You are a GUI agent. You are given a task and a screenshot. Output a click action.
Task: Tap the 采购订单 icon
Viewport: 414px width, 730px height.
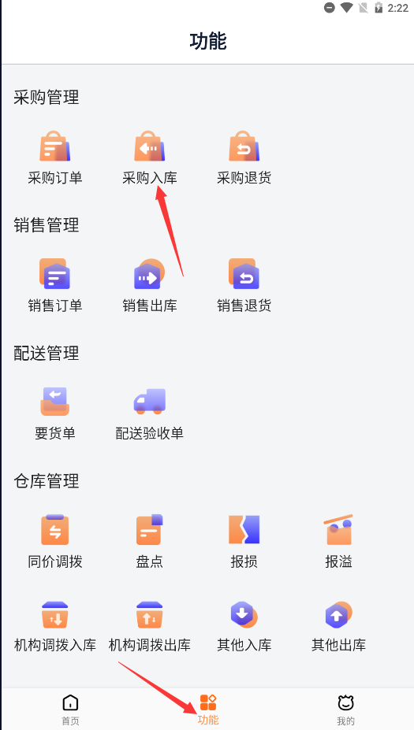coord(55,146)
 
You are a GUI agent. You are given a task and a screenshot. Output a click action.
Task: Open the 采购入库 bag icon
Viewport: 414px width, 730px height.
coord(150,146)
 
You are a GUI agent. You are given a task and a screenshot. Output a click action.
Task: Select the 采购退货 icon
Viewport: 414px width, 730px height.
coord(244,146)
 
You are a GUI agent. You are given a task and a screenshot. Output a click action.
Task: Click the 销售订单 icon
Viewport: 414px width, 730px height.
coord(55,274)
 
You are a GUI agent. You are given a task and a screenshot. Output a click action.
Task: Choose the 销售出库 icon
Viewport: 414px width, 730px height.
coord(150,274)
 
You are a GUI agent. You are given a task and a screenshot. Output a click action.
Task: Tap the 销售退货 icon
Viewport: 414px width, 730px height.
coord(244,274)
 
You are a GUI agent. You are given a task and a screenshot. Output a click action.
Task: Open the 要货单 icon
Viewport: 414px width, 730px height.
coord(55,402)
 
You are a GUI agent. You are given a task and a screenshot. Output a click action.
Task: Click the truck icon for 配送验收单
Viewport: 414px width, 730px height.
coord(150,402)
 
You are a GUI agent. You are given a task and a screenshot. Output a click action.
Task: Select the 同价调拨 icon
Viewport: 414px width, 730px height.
coord(55,529)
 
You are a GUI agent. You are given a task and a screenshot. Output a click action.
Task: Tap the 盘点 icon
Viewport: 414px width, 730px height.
coord(150,529)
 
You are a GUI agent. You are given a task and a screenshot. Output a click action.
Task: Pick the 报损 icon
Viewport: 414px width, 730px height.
coord(244,529)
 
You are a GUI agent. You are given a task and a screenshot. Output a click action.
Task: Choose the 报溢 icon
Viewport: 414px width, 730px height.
coord(339,529)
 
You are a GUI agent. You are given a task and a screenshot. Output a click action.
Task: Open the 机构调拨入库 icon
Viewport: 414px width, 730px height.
coord(55,615)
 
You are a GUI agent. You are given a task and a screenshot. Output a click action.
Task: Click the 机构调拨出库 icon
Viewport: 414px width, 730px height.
coord(150,615)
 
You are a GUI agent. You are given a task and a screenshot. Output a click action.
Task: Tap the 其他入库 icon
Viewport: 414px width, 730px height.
coord(244,614)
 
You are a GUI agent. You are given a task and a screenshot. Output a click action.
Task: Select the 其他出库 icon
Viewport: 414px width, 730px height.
coord(339,614)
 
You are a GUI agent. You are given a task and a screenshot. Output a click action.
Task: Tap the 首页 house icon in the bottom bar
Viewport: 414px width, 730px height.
coord(70,702)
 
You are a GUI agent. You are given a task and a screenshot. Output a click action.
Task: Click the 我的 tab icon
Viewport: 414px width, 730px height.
coord(346,702)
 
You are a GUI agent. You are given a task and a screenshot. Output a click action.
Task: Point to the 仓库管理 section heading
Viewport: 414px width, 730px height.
coord(47,481)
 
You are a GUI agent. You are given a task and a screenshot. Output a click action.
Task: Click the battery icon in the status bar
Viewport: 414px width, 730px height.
coord(379,7)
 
